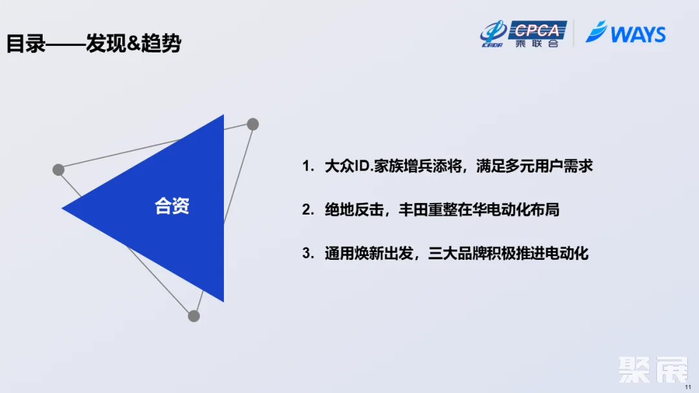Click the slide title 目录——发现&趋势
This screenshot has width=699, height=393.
coord(94,44)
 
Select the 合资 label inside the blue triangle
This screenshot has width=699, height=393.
coord(172,206)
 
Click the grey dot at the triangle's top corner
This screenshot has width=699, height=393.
coord(252,124)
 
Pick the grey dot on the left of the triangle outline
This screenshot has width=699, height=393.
coord(58,170)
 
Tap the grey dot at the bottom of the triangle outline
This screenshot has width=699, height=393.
coord(194,316)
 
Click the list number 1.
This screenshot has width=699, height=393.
coord(307,167)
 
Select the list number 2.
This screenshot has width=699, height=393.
coord(307,210)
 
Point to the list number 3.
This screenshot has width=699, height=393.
coord(307,253)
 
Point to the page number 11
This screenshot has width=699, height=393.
coord(688,386)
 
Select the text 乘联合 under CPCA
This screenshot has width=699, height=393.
coord(537,43)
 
